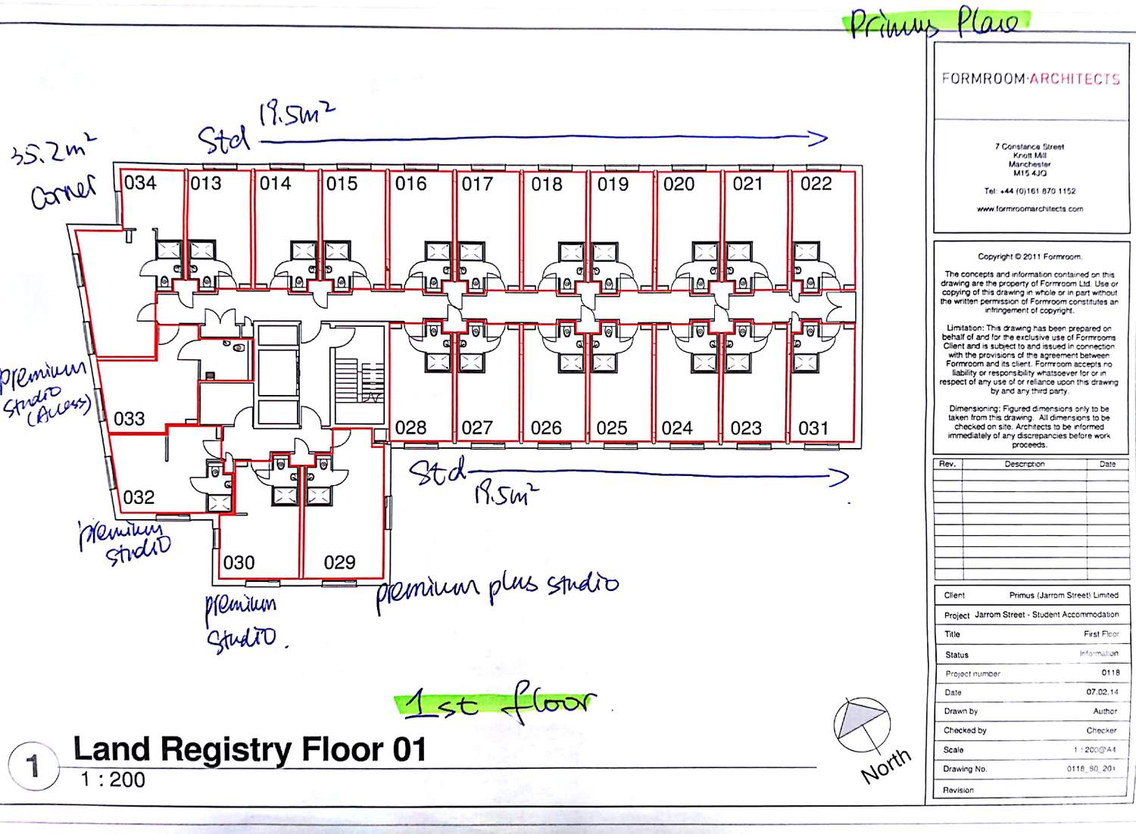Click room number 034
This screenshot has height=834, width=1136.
coord(140,183)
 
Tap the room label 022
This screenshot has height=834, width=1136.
coord(816,184)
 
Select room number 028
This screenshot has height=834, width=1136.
coord(410,428)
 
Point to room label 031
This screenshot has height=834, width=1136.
coord(813,429)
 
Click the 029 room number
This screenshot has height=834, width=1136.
coord(339,563)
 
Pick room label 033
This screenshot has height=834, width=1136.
coord(129,419)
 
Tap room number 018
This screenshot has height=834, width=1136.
coord(546,185)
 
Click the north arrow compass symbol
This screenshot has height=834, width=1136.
coord(862,725)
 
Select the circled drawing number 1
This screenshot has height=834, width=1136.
coord(33,766)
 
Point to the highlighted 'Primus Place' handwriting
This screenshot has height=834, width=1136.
coord(936,23)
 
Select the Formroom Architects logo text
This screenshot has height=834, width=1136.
coord(1030,79)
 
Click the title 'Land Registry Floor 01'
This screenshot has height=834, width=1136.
coord(250,749)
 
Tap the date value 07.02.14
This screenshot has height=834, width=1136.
coord(1103,692)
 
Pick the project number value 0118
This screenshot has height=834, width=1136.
coord(1110,673)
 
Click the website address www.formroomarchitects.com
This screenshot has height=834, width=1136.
coord(1030,209)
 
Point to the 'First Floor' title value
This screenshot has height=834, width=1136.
coord(1100,634)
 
